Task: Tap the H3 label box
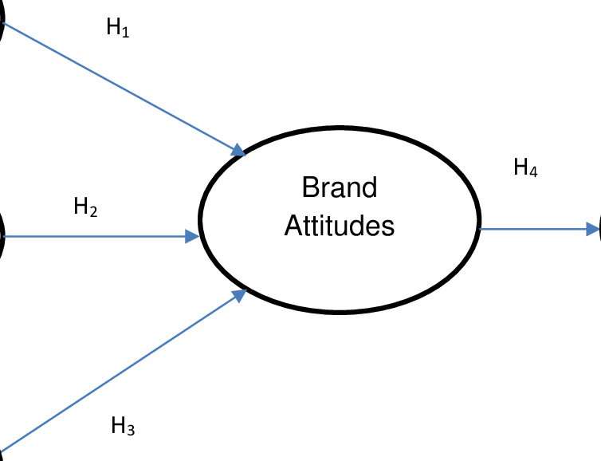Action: [x=132, y=428]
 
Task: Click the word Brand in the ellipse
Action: [x=340, y=189]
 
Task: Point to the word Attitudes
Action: [x=340, y=227]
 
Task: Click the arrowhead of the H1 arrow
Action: [x=238, y=150]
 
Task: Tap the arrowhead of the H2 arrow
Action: [x=193, y=236]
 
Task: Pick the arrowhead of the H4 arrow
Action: [x=592, y=230]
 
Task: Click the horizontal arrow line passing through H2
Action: [x=159, y=236]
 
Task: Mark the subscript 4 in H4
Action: [x=533, y=172]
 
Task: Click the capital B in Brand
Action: [x=310, y=189]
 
